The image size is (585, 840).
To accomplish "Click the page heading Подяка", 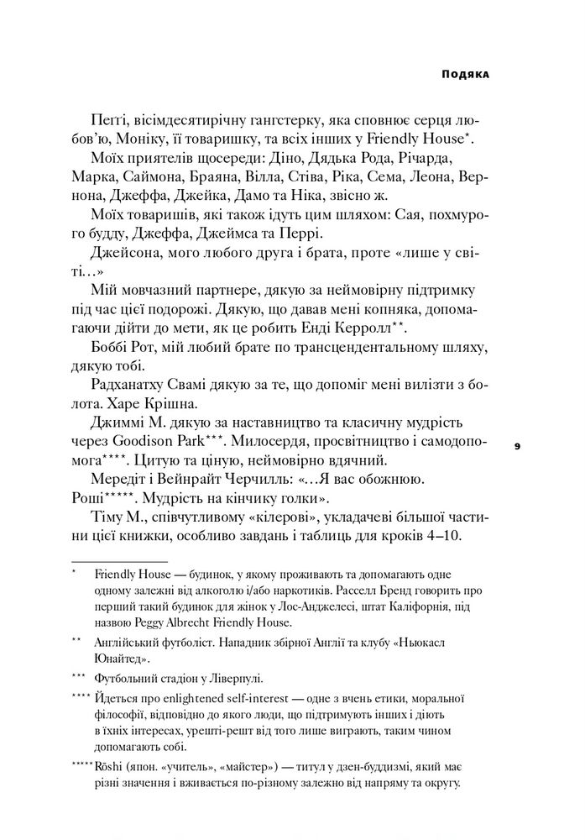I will (x=466, y=74).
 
